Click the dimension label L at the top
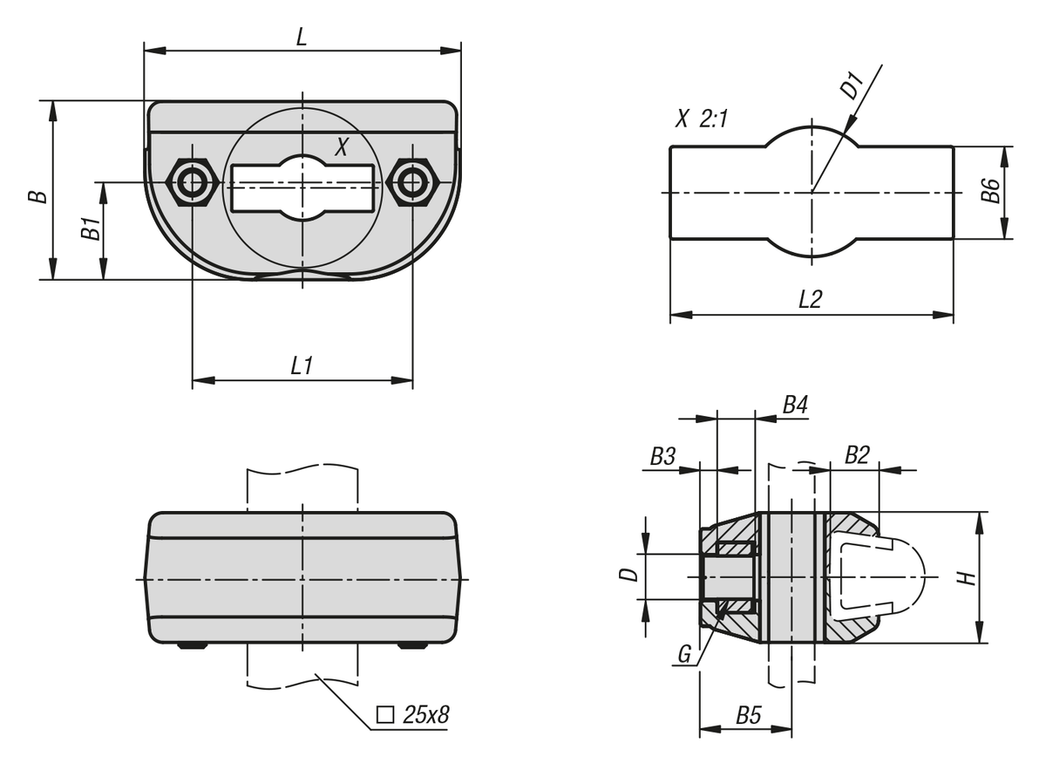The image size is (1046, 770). coord(302,37)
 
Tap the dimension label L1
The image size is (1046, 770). coord(302,365)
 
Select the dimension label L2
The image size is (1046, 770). coord(810,299)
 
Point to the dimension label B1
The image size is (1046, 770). coord(91,228)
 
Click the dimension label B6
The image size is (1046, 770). coord(990,191)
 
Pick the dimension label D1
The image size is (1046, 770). coord(852,86)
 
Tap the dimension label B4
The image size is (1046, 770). coord(795,405)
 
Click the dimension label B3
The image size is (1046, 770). coord(663,456)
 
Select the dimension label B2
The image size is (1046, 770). coord(858,454)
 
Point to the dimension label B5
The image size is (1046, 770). coord(749,715)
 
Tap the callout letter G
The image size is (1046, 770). coord(684,654)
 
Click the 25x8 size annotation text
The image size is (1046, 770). coord(426,715)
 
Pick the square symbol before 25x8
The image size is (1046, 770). coord(384,715)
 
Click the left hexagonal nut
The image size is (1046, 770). coord(193,182)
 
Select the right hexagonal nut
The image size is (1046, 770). coord(413,182)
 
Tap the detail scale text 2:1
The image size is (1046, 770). coord(714,119)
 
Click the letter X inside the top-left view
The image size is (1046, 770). coord(342,147)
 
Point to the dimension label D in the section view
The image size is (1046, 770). coord(628,575)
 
